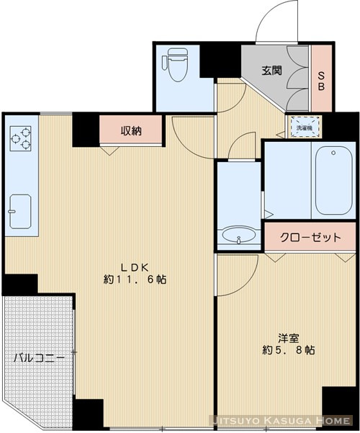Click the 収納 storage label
(130, 130)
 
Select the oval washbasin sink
(238, 236)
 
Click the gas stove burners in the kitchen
(20, 138)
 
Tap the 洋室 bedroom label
(288, 336)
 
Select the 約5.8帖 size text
(287, 350)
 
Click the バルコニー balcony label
(40, 357)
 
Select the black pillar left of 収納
(85, 130)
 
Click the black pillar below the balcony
(90, 414)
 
